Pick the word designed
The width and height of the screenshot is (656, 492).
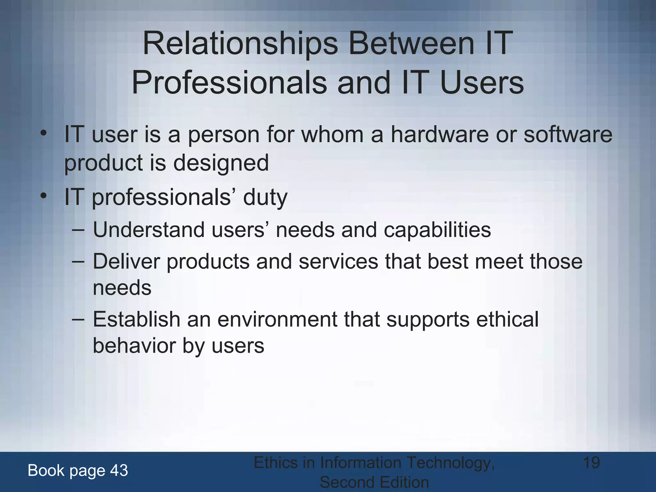221,163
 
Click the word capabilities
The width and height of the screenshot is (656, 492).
437,230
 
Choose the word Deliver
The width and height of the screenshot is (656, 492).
126,261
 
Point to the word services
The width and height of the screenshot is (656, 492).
338,261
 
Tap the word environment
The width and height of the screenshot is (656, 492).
277,319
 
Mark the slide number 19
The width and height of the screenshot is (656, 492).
591,463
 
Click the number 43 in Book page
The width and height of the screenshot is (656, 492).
119,471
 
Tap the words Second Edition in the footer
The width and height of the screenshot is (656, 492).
374,482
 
